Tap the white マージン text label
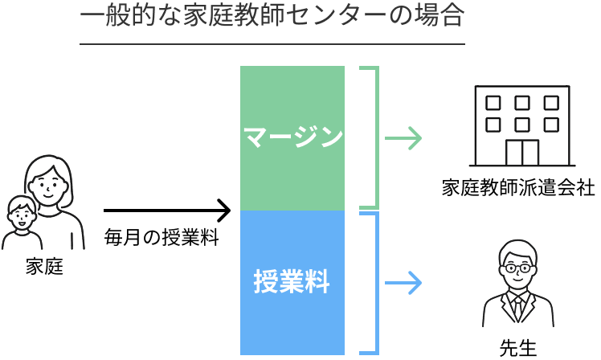click(292, 137)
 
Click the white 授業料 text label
click(292, 283)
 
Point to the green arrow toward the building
click(403, 138)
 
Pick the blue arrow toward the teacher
click(403, 282)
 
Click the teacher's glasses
click(516, 266)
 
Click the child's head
click(22, 213)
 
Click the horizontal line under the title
click(272, 43)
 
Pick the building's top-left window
click(493, 103)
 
